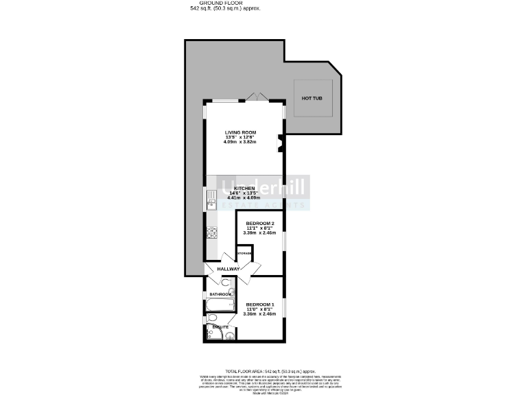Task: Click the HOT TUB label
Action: click(x=312, y=98)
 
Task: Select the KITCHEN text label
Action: click(x=244, y=189)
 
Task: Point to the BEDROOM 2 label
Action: click(x=260, y=224)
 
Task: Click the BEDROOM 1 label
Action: click(x=260, y=304)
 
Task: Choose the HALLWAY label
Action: click(x=228, y=269)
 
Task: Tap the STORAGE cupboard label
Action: click(x=244, y=254)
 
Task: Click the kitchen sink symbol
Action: click(x=211, y=200)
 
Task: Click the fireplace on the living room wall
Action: click(x=281, y=145)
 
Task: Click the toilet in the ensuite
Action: click(x=212, y=318)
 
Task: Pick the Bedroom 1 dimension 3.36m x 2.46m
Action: click(x=260, y=314)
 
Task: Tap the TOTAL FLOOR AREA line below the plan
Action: click(x=263, y=370)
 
